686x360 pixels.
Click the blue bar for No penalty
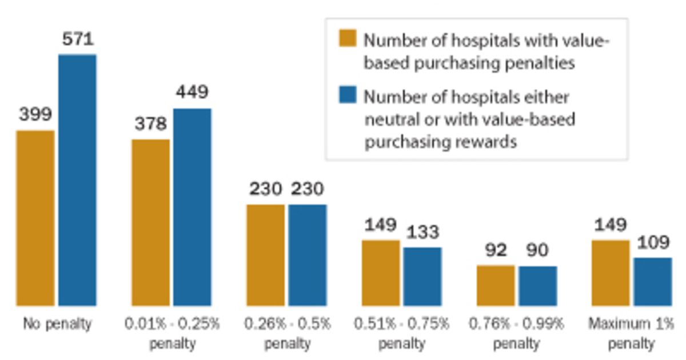[x=77, y=180]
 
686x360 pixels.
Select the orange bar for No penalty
[x=35, y=218]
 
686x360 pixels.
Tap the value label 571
[x=77, y=39]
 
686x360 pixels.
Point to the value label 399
[x=35, y=114]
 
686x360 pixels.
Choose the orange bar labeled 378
[x=151, y=222]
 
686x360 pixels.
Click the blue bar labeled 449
[x=192, y=207]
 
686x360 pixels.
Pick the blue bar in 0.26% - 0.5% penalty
[x=308, y=255]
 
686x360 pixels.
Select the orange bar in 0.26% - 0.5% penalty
[x=266, y=255]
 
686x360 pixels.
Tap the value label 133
[x=422, y=232]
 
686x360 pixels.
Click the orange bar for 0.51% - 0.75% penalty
[x=381, y=273]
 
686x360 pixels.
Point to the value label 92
[x=495, y=250]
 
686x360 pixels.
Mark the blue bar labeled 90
[x=537, y=286]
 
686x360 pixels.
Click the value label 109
[x=652, y=242]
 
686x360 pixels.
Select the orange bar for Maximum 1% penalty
[x=611, y=273]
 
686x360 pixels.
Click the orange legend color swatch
[x=348, y=38]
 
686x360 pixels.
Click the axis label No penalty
[x=57, y=324]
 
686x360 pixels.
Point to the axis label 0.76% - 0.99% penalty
[x=516, y=333]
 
